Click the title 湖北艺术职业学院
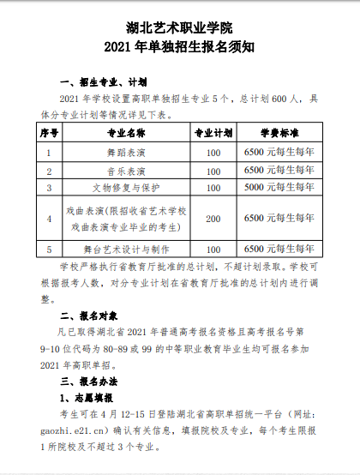(179, 25)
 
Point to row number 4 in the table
(49, 218)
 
